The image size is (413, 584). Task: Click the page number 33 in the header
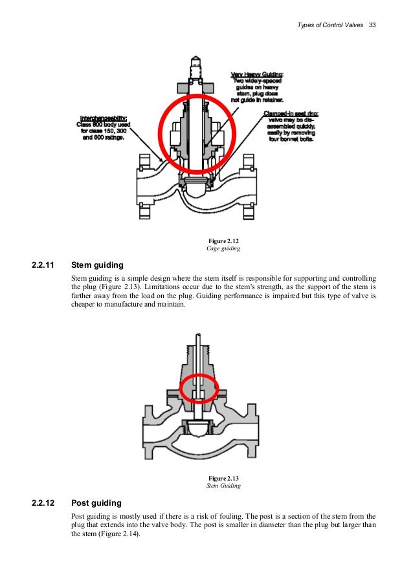coord(372,25)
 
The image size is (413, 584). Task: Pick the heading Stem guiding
coord(96,265)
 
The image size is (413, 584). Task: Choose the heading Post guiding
coord(96,503)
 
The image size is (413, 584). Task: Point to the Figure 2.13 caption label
coord(223,478)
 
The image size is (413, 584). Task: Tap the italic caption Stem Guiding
coord(223,485)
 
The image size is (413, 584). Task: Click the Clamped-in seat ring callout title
coord(289,114)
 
